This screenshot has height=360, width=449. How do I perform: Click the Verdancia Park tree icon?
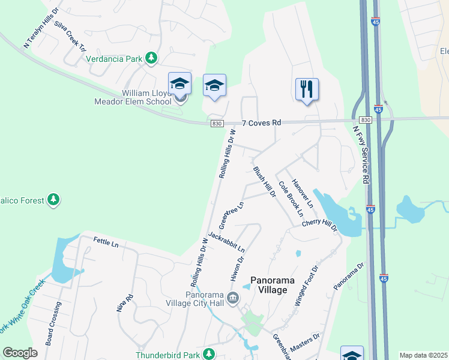tap(152, 58)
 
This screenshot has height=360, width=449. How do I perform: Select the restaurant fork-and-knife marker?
tap(307, 89)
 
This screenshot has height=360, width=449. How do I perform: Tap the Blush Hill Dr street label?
tap(264, 182)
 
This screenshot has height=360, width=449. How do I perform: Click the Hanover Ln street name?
tap(303, 193)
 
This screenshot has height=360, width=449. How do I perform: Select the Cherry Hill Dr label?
tap(320, 226)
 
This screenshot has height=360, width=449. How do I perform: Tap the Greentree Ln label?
tap(232, 215)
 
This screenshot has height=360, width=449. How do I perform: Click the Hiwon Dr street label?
tap(236, 269)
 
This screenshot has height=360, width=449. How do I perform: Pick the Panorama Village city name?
tap(268, 284)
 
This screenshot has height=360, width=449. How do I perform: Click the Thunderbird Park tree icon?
tap(209, 355)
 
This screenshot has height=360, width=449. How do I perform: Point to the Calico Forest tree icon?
tap(54, 199)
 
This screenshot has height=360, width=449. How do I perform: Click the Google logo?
tap(20, 352)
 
